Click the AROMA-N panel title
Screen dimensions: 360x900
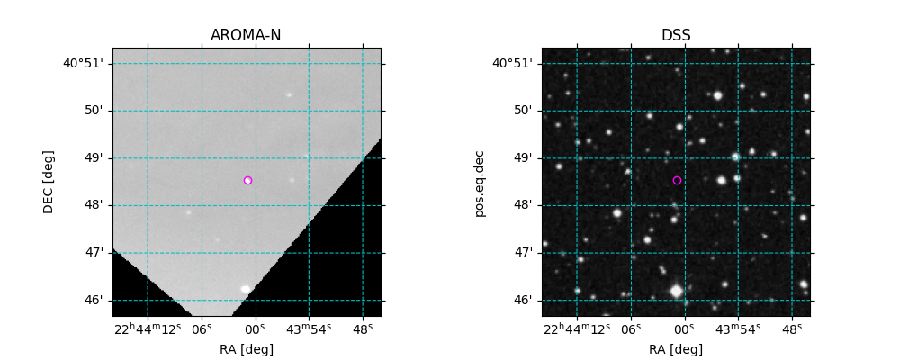click(246, 36)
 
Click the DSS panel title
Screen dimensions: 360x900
click(676, 36)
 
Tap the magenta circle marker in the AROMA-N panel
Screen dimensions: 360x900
click(247, 180)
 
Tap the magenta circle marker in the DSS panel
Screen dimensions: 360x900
click(677, 180)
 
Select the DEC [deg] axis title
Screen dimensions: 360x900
click(49, 182)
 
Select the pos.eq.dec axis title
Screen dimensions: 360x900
click(479, 183)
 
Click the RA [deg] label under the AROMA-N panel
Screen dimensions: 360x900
click(246, 349)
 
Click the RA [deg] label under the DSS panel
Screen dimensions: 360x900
click(676, 349)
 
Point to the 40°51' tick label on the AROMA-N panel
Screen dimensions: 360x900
click(83, 63)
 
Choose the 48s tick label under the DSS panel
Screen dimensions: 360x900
click(792, 328)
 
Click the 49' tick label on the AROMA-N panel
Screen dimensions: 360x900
click(94, 158)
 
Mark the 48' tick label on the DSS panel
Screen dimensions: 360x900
click(523, 205)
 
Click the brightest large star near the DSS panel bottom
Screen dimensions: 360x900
click(676, 291)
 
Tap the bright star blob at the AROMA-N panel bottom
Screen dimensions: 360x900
click(245, 289)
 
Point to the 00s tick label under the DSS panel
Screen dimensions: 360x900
click(684, 328)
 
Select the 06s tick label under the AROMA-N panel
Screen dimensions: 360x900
click(202, 328)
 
